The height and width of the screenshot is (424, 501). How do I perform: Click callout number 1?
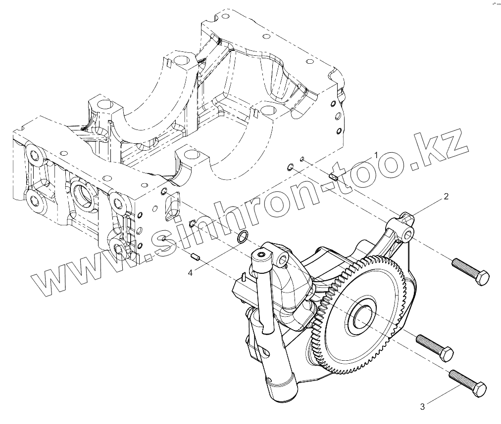[x=376, y=155]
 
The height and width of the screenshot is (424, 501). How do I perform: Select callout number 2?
[x=446, y=196]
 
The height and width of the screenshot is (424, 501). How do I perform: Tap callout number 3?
[x=422, y=407]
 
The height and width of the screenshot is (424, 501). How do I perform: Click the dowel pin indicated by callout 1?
[x=333, y=175]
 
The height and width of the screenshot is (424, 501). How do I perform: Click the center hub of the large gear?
[x=361, y=315]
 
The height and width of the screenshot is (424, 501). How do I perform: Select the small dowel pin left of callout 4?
[x=194, y=257]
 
